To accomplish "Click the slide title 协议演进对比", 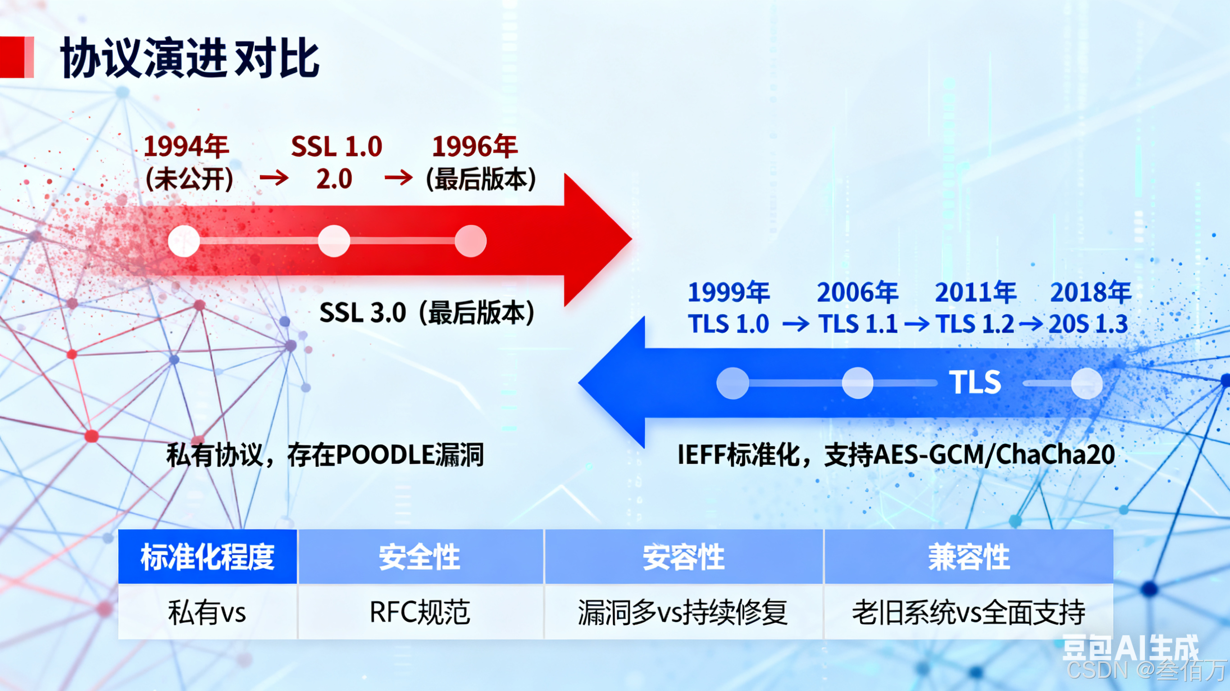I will [x=190, y=58].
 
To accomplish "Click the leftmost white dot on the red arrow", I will [x=184, y=241].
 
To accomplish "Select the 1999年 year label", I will [x=729, y=292].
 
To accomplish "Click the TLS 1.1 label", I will [x=858, y=325].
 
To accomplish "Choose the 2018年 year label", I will [x=1091, y=292].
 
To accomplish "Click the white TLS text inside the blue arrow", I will [x=975, y=382].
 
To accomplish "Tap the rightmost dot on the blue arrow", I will [x=1087, y=383].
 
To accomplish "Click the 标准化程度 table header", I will [x=207, y=557].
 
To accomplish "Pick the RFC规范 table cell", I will [x=420, y=612].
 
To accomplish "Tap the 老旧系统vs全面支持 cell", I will [x=968, y=612].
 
